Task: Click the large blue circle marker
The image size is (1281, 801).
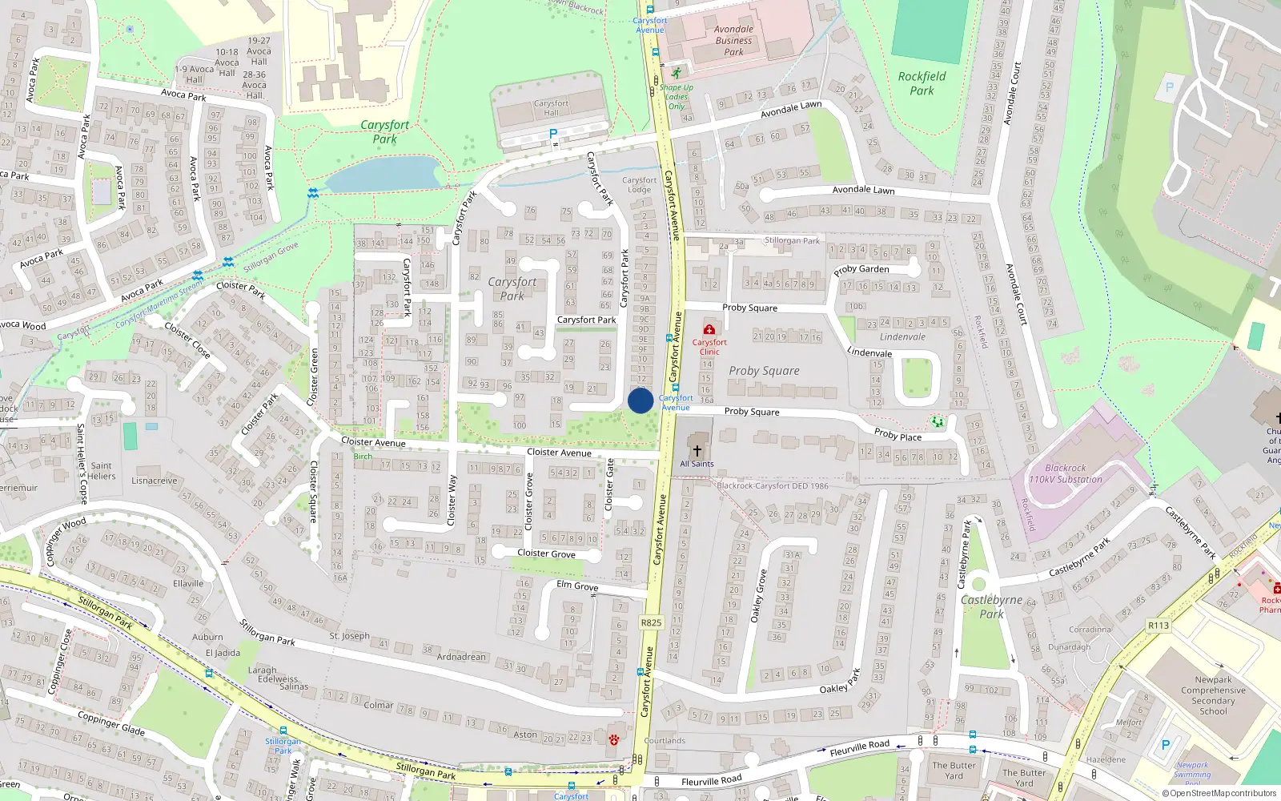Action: (640, 400)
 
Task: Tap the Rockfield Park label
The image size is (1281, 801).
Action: (922, 83)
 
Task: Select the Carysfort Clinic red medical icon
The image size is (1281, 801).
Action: (709, 329)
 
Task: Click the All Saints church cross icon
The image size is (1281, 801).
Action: (697, 451)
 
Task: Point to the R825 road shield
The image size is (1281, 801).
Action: (651, 622)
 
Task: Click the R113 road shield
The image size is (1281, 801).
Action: (1158, 625)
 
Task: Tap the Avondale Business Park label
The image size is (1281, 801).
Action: (733, 40)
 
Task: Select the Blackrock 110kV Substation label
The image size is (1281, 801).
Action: (1065, 473)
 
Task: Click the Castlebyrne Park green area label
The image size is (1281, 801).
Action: (991, 606)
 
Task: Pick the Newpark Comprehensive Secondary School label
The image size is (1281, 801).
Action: (1213, 695)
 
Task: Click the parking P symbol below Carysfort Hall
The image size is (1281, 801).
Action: (552, 134)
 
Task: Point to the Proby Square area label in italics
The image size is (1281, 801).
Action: (764, 371)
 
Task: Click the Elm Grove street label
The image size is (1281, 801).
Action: (577, 586)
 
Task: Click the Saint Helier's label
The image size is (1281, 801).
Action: (102, 471)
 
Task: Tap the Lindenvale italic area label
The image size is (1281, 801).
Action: (902, 337)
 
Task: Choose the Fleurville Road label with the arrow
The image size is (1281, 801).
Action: (860, 748)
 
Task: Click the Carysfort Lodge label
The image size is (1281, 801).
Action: (639, 185)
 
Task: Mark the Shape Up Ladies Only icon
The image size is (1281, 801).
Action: (677, 73)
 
